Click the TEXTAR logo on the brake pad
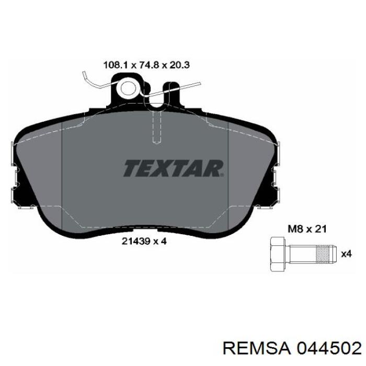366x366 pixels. coord(173,168)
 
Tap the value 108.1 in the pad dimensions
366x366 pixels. coord(116,65)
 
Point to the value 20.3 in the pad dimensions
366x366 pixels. coord(179,65)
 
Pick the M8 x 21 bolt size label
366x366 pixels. coord(307,229)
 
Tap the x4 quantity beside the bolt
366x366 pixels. coord(346,254)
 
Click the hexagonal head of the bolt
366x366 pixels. coord(277,254)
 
